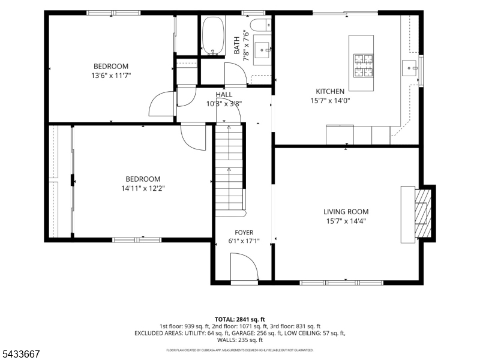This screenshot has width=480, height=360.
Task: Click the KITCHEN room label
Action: (x=330, y=91)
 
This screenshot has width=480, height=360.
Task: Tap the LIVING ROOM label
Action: (x=346, y=212)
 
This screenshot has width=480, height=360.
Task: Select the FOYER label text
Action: (x=244, y=232)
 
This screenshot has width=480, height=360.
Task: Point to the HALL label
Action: (x=224, y=95)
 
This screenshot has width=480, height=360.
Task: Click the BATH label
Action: (x=236, y=46)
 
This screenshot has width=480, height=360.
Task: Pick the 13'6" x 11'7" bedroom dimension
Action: (x=111, y=76)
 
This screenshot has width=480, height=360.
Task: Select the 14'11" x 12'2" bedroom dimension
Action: (x=143, y=188)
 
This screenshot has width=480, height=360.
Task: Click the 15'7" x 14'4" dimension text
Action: (x=346, y=221)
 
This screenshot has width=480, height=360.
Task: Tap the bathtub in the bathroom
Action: (x=213, y=36)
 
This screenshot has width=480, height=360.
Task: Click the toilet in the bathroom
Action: (x=260, y=25)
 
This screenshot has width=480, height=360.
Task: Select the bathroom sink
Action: (x=262, y=50)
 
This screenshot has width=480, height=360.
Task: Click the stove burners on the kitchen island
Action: (x=364, y=65)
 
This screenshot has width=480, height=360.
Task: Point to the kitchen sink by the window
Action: (x=410, y=68)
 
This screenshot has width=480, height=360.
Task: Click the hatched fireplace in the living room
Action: (x=423, y=214)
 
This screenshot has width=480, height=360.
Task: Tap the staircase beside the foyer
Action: (x=229, y=169)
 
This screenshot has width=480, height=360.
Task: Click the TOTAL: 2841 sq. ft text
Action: (x=240, y=320)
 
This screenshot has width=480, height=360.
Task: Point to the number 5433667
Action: (x=20, y=354)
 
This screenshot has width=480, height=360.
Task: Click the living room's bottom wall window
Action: (x=341, y=283)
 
